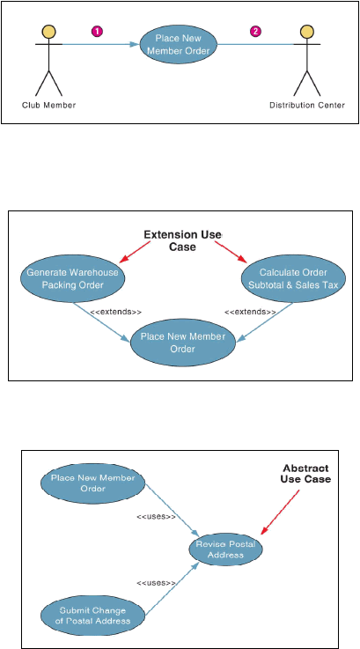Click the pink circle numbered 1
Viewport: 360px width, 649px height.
pyautogui.click(x=97, y=32)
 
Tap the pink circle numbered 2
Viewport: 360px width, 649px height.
pyautogui.click(x=256, y=32)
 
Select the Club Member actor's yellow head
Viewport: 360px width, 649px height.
pyautogui.click(x=48, y=32)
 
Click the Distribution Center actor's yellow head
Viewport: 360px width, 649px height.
pyautogui.click(x=306, y=32)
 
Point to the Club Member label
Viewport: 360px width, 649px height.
pyautogui.click(x=48, y=105)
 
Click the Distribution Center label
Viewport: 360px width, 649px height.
pyautogui.click(x=307, y=105)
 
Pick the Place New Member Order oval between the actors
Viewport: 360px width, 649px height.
pyautogui.click(x=179, y=44)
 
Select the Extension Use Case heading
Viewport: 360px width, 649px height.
pyautogui.click(x=182, y=240)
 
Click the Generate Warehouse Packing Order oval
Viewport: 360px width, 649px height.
pyautogui.click(x=72, y=278)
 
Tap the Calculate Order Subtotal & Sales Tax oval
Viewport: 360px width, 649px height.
pyautogui.click(x=293, y=278)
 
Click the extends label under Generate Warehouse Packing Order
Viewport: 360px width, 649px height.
pyautogui.click(x=113, y=312)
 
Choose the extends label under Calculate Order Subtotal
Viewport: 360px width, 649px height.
pyautogui.click(x=250, y=312)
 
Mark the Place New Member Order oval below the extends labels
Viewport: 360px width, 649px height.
pyautogui.click(x=183, y=343)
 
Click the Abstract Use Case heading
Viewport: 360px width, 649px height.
pyautogui.click(x=305, y=474)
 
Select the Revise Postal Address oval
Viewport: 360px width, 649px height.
pyautogui.click(x=225, y=549)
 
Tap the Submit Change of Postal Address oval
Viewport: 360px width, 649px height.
pyautogui.click(x=93, y=616)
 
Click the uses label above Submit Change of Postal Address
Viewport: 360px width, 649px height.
pyautogui.click(x=156, y=583)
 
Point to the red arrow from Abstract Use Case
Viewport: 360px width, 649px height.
pyautogui.click(x=280, y=513)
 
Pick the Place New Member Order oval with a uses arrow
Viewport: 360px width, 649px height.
pyautogui.click(x=93, y=483)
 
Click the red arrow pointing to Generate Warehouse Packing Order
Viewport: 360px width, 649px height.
pyautogui.click(x=135, y=252)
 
